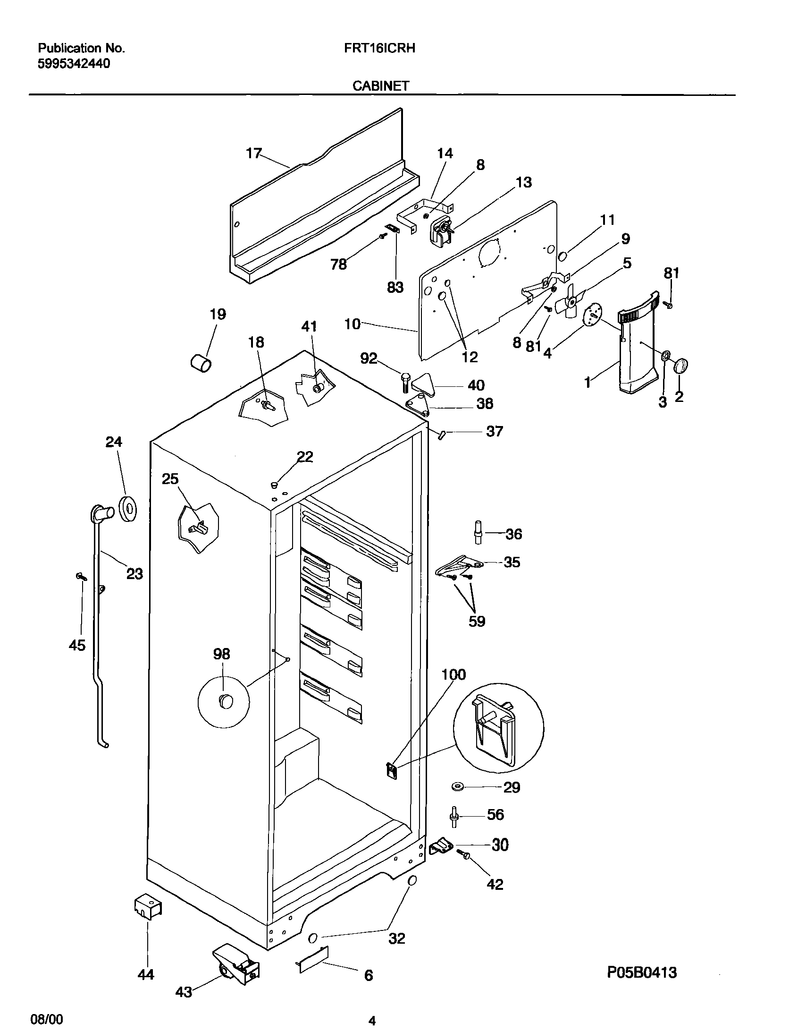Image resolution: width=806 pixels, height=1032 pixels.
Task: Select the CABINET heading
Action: point(380,85)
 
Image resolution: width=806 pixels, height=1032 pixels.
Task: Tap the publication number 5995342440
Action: point(74,64)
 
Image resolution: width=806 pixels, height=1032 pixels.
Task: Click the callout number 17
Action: point(253,153)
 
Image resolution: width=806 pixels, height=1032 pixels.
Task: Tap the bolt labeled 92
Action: point(405,382)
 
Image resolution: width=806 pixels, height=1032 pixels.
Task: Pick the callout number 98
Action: point(221,654)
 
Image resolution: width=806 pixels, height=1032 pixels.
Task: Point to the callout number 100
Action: point(453,674)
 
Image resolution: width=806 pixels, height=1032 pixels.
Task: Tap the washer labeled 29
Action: point(458,786)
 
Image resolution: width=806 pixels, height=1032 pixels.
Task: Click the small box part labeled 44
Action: point(147,907)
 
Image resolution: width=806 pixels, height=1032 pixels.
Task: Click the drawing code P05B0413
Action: point(642,972)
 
